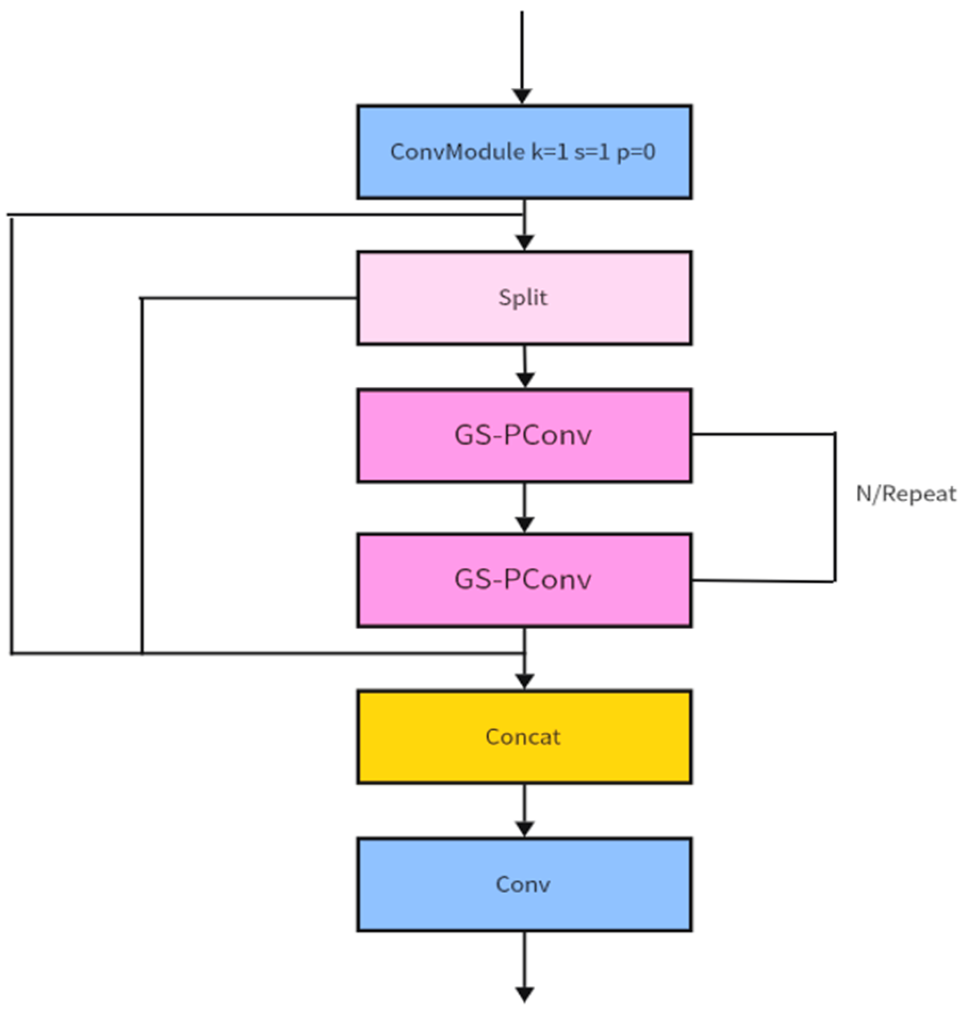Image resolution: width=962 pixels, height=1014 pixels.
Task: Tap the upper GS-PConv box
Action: coord(524,435)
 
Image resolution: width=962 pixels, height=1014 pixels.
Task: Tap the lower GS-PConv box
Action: coord(524,580)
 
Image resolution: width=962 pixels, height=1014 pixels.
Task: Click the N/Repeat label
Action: coord(906,494)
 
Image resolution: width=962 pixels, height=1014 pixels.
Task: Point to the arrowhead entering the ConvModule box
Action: coord(522,96)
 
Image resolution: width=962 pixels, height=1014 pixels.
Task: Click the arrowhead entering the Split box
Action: coord(525,242)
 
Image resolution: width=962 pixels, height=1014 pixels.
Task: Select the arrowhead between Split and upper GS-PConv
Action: coord(525,379)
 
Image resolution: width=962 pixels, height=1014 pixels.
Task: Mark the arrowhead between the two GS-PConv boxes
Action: coord(525,524)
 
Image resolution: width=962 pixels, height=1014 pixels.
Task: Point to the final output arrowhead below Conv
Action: coord(525,994)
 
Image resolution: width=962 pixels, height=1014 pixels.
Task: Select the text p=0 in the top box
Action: coord(636,153)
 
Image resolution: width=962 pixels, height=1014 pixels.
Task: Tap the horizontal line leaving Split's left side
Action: coord(250,298)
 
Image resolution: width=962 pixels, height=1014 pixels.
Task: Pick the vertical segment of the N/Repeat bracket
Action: coord(834,508)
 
